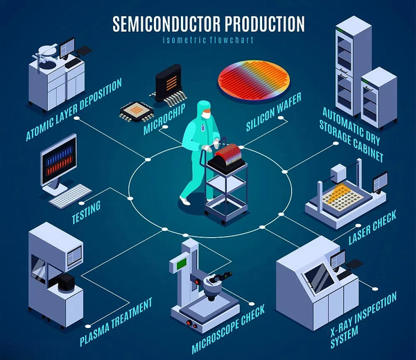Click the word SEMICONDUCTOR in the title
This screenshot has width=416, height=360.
[x=164, y=24]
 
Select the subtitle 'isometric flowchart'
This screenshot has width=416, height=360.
[x=208, y=40]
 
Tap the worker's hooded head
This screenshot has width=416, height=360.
[x=203, y=110]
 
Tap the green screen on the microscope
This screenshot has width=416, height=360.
[x=182, y=264]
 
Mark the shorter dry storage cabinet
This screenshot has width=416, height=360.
[x=379, y=94]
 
